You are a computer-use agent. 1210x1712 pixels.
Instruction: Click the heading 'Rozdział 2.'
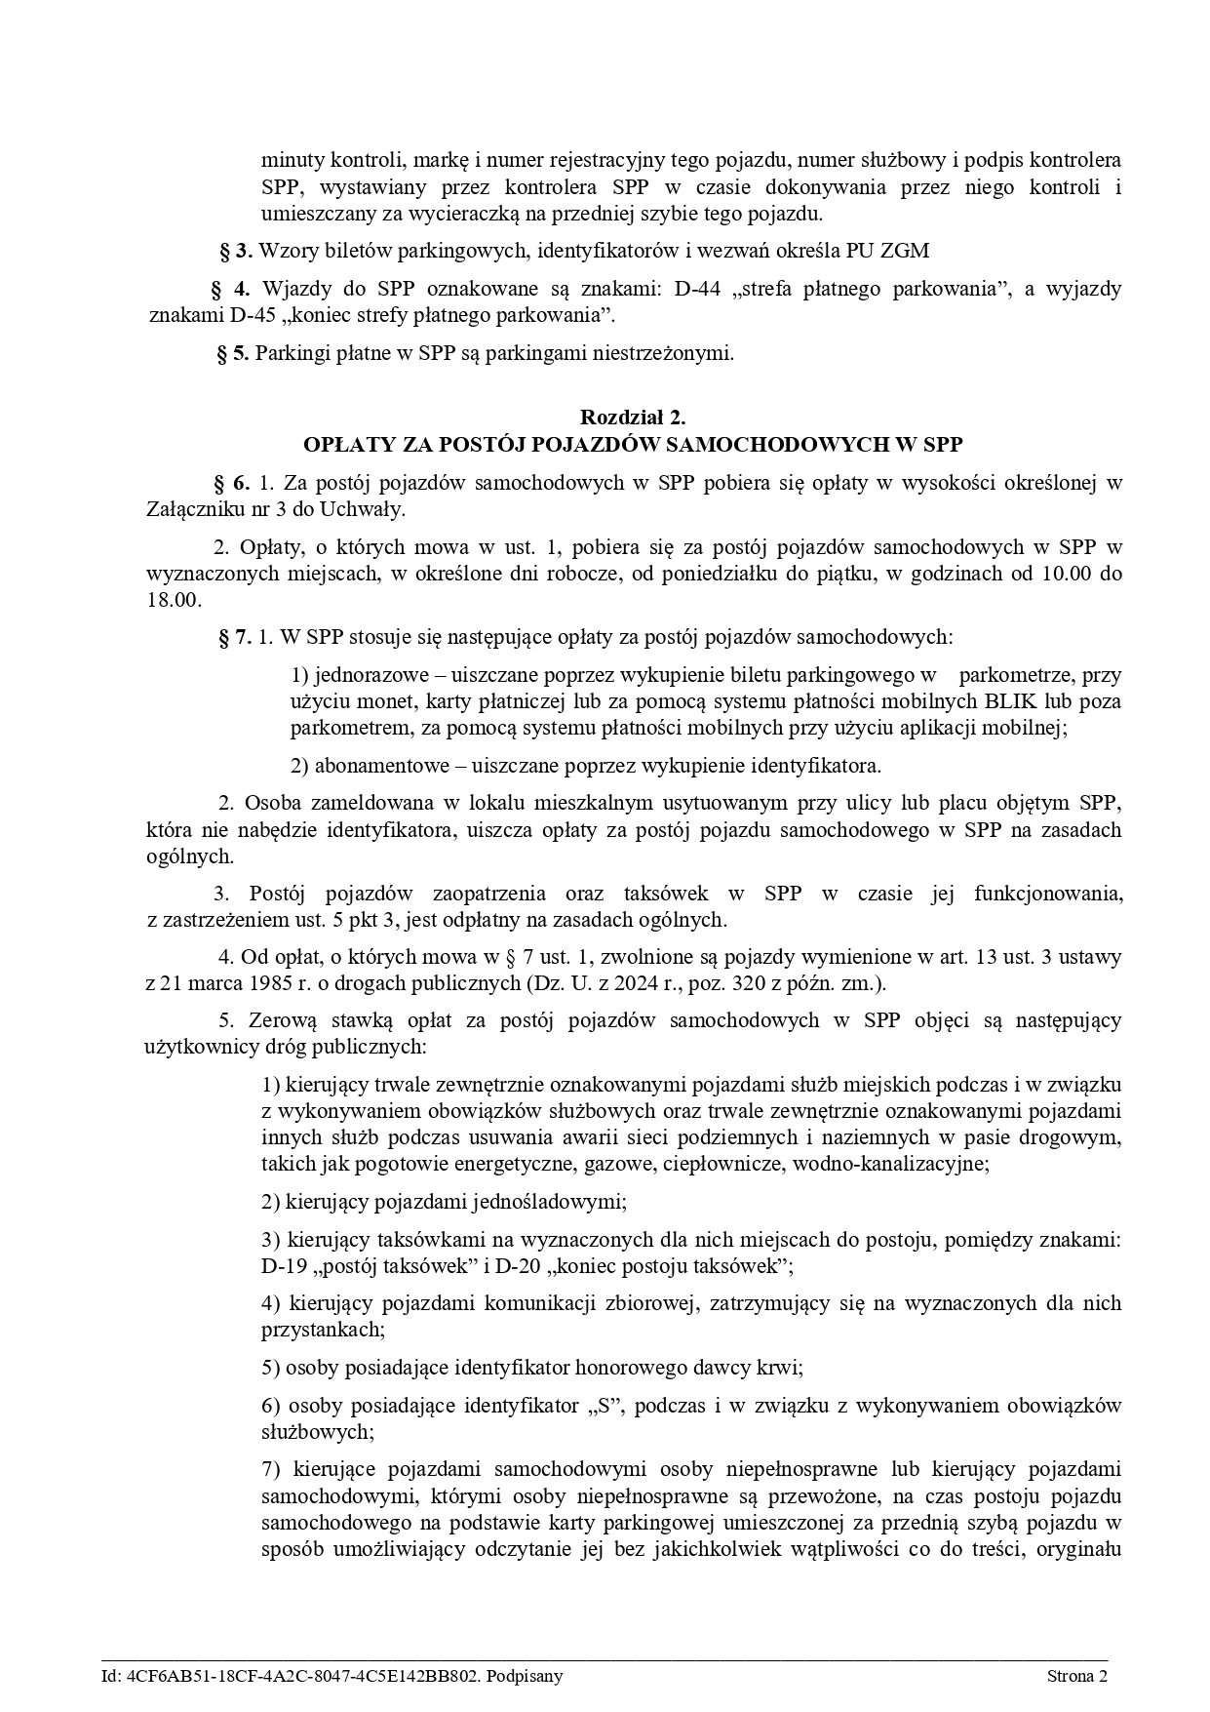click(633, 418)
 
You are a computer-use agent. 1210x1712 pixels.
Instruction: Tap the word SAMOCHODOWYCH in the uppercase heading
click(793, 445)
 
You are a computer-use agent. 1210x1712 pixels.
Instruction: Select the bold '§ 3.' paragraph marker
click(237, 251)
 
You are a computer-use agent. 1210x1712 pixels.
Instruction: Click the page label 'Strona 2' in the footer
click(1077, 1676)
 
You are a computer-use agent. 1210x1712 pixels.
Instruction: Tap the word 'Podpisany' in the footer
click(526, 1676)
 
